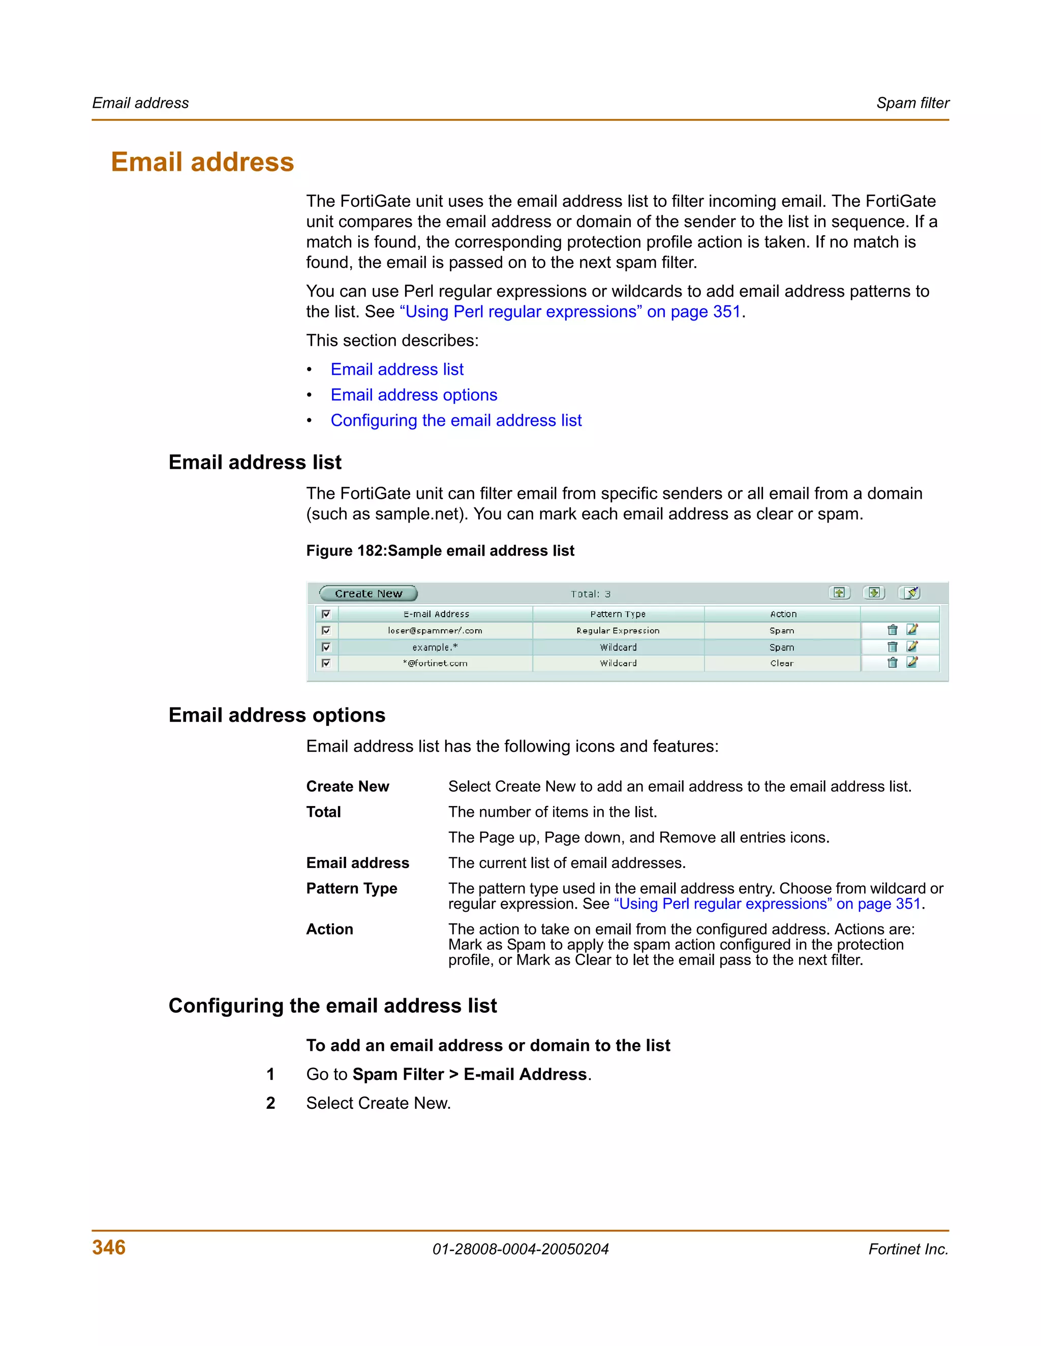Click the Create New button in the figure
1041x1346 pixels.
coord(368,593)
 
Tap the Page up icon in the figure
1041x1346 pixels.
coord(839,593)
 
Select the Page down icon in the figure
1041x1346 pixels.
coord(874,593)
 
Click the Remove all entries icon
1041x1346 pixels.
coord(910,593)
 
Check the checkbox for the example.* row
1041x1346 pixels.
coord(326,647)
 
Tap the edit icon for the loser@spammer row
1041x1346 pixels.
coord(912,630)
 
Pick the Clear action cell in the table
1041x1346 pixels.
coord(781,664)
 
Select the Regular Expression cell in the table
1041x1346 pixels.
coord(618,631)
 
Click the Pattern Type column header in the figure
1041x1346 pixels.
coord(618,615)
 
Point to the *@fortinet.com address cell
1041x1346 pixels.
coord(436,664)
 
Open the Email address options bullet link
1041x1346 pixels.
coord(414,395)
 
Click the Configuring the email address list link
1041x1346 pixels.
coord(456,421)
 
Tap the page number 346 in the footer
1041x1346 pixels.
coord(109,1247)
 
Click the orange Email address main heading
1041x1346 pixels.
coord(202,162)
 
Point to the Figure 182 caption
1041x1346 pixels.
coord(440,551)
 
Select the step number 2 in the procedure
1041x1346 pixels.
coord(270,1103)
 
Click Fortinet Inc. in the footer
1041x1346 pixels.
coord(908,1249)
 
